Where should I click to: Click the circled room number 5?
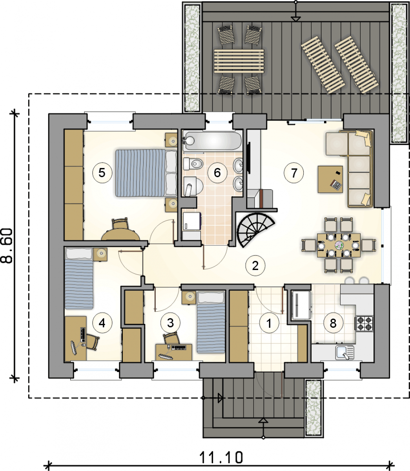pyautogui.click(x=102, y=173)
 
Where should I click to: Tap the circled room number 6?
pyautogui.click(x=217, y=173)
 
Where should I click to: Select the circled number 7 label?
pyautogui.click(x=294, y=173)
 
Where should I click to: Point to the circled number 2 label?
pyautogui.click(x=255, y=266)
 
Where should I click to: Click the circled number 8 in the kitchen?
pyautogui.click(x=333, y=323)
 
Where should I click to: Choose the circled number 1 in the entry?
pyautogui.click(x=269, y=323)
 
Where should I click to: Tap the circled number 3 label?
pyautogui.click(x=171, y=323)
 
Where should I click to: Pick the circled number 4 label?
pyautogui.click(x=102, y=323)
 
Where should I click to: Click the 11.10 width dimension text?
pyautogui.click(x=221, y=445)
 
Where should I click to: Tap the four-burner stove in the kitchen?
pyautogui.click(x=364, y=324)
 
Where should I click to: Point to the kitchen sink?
pyautogui.click(x=344, y=352)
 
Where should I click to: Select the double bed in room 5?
pyautogui.click(x=146, y=173)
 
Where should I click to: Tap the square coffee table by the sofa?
pyautogui.click(x=330, y=179)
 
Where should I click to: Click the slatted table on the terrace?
pyautogui.click(x=239, y=61)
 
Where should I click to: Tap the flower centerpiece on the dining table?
pyautogui.click(x=339, y=245)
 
